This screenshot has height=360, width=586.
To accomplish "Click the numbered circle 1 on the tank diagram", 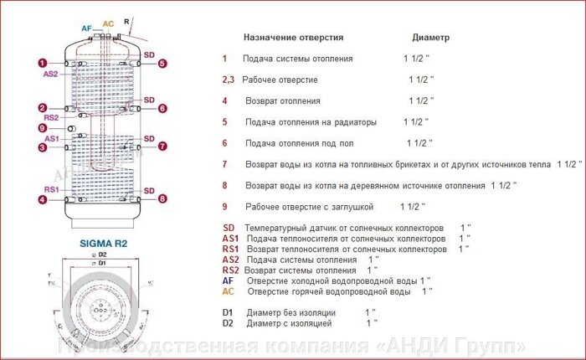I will pos(41,62).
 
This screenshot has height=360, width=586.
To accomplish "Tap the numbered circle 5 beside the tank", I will pos(162,63).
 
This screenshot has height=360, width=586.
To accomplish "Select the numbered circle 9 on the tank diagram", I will pos(41,128).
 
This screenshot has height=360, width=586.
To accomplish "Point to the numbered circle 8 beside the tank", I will pos(162,199).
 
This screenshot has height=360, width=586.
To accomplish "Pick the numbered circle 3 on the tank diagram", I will pos(41,148).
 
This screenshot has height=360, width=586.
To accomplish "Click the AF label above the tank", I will pos(86,28).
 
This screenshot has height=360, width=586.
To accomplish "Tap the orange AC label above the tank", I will pos(107,24).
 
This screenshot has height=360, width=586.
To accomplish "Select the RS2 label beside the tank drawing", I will pos(51,117).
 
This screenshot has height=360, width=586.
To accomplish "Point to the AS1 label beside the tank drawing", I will pos(51,138).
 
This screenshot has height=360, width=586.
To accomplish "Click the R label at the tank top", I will pos(126,20).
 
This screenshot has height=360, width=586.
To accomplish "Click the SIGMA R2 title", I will pos(103,243).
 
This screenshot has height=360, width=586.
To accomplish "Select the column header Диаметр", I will pos(431,38).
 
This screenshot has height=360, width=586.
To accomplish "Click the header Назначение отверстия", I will pos(293,38).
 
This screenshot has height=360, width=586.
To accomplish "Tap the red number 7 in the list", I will pos(224,164).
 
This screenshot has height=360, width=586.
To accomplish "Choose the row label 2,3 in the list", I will pos(228,80).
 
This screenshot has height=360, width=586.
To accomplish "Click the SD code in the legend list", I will pos(229,228).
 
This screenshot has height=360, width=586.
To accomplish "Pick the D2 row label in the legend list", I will pos(228,322).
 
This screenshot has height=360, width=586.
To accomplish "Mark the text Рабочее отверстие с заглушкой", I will pos(309,206).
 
